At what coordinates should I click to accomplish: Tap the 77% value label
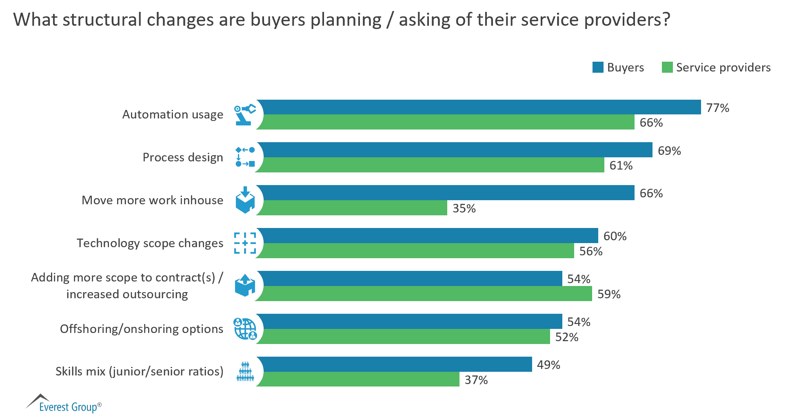tap(717, 108)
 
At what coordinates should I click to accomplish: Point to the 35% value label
tap(464, 208)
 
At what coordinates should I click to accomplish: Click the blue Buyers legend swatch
tap(598, 67)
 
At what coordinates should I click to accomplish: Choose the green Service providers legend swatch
tap(667, 67)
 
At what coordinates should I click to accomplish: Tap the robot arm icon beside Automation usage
tap(244, 114)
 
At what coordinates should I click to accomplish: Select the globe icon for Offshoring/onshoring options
tap(245, 329)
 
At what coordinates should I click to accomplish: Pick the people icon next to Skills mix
tap(245, 371)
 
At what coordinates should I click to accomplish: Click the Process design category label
tap(183, 157)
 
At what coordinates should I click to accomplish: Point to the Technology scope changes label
tap(150, 243)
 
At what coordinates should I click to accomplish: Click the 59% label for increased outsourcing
tap(609, 294)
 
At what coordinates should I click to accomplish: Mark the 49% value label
tap(548, 365)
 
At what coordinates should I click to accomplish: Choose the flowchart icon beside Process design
tap(245, 157)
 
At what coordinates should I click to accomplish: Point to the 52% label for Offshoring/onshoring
tap(566, 337)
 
